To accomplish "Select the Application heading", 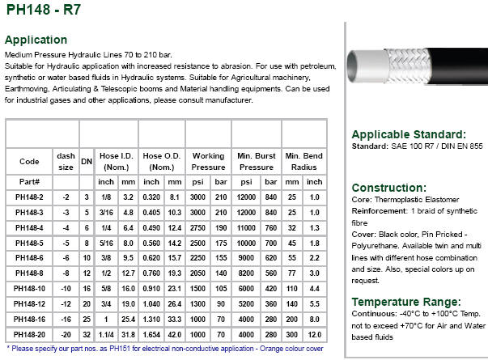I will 36,39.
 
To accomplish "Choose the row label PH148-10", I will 30,289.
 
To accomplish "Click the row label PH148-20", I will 30,335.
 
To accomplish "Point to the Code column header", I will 29,161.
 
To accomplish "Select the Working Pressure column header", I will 207,161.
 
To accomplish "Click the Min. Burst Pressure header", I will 257,161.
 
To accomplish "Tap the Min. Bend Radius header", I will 303,161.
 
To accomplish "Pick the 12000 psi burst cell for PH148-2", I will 247,197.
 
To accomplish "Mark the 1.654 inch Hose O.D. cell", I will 151,335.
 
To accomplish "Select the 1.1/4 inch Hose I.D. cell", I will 106,335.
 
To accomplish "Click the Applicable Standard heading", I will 408,133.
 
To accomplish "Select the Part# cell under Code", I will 29,182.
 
